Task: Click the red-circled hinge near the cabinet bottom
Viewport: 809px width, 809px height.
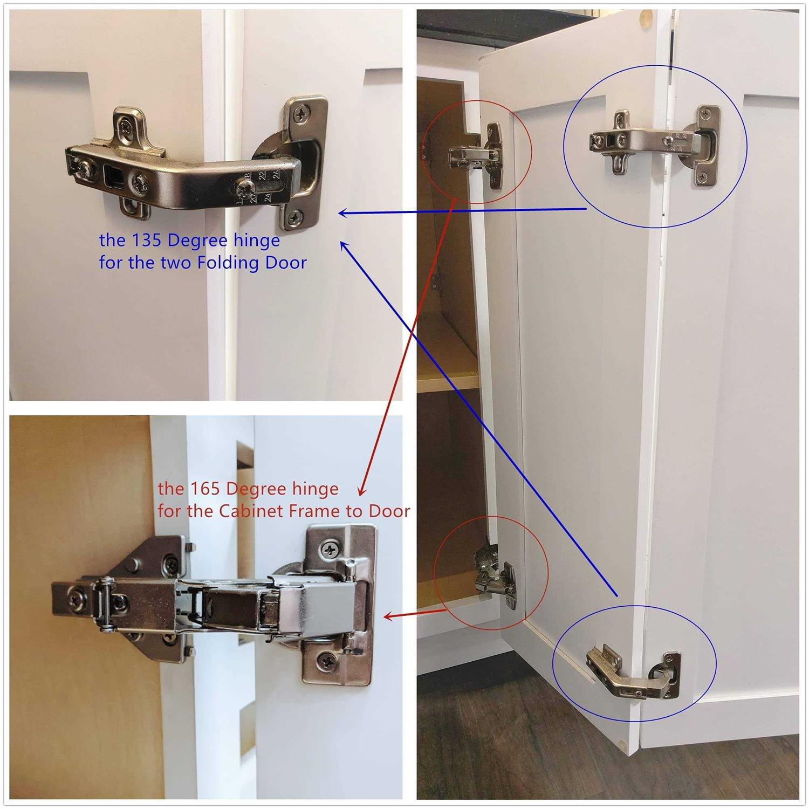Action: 494,579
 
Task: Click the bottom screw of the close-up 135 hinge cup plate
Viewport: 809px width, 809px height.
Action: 293,218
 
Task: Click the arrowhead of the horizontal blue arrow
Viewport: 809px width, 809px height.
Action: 343,214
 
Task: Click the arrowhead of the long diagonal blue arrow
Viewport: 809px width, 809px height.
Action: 345,247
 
